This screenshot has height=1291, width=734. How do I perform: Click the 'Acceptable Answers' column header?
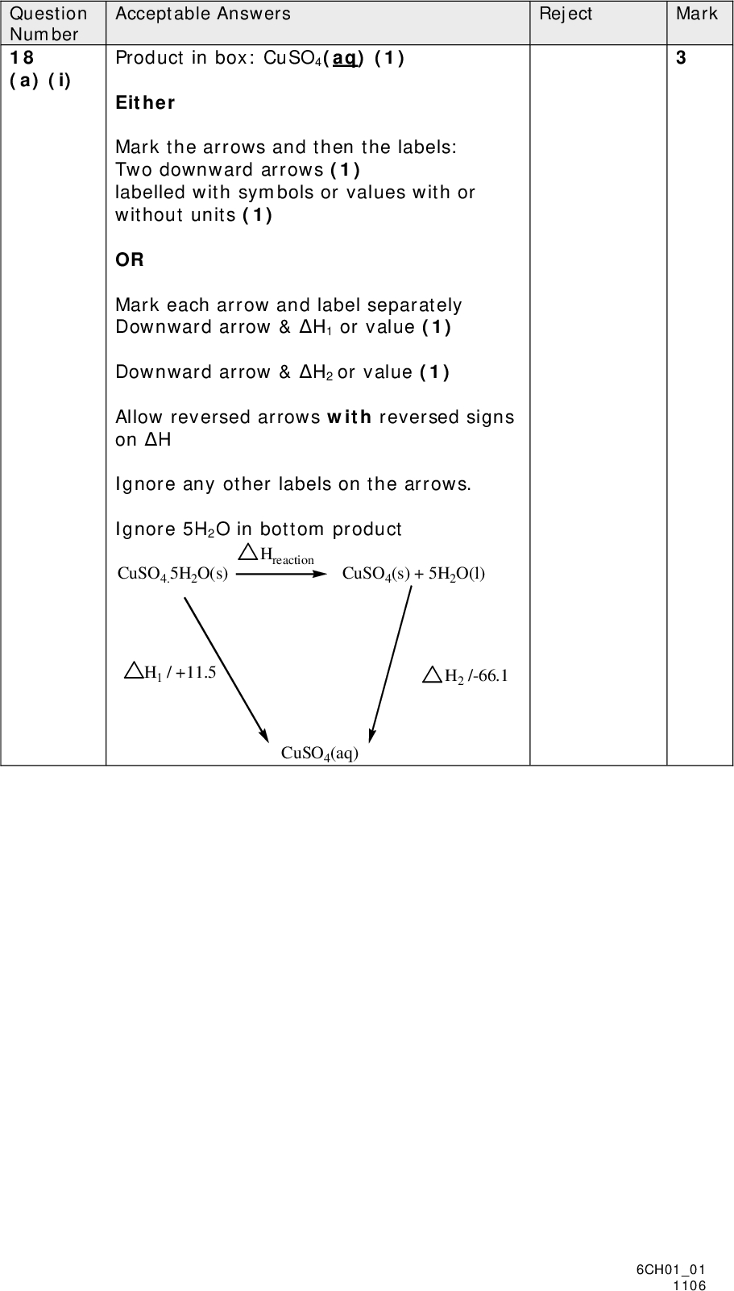[203, 14]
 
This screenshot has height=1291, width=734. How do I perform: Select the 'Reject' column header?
[566, 14]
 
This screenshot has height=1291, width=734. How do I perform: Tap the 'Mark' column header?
[696, 14]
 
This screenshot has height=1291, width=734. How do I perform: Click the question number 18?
[22, 58]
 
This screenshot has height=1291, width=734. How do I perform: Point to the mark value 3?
[681, 58]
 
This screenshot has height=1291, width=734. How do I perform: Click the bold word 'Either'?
[145, 103]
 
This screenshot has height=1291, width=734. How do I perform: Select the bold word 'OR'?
[130, 260]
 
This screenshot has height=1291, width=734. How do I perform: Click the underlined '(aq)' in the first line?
[344, 58]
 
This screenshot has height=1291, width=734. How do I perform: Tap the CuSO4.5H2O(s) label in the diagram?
[172, 574]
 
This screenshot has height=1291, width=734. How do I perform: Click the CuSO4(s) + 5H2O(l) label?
[413, 574]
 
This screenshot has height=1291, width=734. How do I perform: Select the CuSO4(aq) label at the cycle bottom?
[319, 753]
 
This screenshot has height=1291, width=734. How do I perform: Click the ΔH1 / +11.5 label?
[171, 672]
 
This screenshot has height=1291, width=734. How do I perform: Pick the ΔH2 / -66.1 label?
[466, 675]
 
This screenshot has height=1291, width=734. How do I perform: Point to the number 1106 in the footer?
[690, 1285]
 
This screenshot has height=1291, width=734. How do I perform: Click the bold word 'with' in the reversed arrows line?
[349, 417]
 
